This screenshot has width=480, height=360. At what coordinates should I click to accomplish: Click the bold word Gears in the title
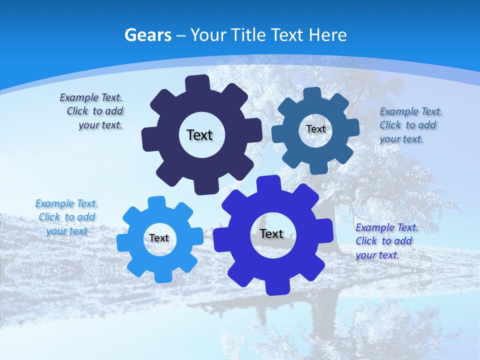(x=147, y=35)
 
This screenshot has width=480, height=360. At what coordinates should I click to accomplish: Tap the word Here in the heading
(x=327, y=35)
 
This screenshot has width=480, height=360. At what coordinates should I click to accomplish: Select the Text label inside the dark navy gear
(x=199, y=135)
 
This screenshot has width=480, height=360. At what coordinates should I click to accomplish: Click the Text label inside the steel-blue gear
(x=315, y=129)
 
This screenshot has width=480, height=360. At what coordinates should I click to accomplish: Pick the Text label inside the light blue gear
(x=159, y=238)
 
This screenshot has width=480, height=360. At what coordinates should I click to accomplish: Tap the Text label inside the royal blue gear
(x=271, y=233)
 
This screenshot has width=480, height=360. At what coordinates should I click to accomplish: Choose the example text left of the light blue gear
(x=66, y=217)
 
